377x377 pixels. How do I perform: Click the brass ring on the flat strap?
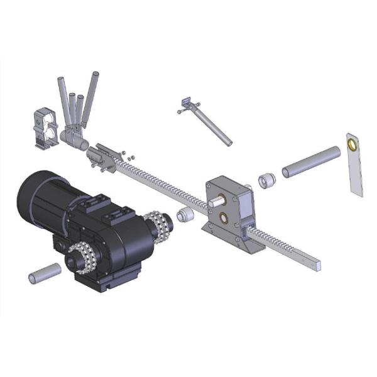coord(353,145)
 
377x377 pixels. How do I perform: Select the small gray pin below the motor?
coord(45,273)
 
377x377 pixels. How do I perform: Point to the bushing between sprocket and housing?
coord(184,216)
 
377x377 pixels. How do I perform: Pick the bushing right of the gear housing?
coord(266,181)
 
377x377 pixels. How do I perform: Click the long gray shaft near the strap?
coord(311,161)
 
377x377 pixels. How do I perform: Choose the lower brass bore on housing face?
coord(224,220)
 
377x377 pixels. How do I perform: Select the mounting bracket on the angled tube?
coord(187,103)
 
